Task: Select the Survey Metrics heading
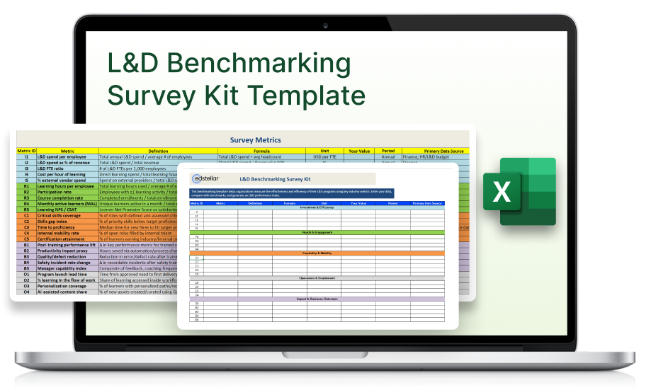(256, 140)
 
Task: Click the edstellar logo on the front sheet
(207, 180)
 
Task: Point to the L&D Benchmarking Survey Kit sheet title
(276, 180)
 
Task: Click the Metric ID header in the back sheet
(26, 151)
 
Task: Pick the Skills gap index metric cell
(56, 221)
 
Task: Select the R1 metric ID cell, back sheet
(26, 186)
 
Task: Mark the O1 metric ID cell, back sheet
(26, 273)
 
